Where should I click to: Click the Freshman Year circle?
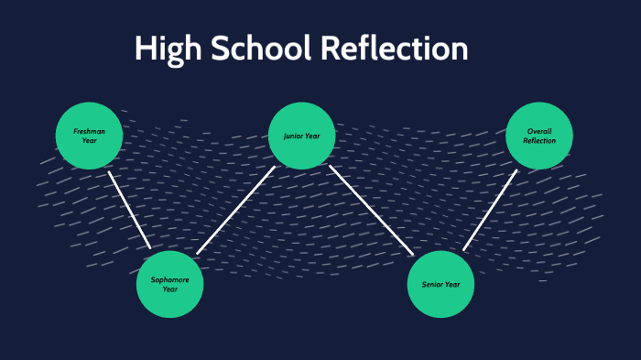tap(89, 136)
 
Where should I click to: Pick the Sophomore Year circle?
tap(169, 284)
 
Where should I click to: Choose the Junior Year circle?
tap(301, 136)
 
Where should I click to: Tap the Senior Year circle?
tap(440, 284)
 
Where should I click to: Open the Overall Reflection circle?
tap(539, 136)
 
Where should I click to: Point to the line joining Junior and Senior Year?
tap(371, 210)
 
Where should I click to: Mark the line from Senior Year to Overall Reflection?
tap(490, 210)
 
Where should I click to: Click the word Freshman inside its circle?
tap(89, 131)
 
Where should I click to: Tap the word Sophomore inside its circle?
tap(169, 279)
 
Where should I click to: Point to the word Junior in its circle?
tap(293, 136)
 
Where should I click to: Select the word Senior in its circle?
tap(432, 285)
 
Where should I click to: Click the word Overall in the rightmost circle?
tap(539, 131)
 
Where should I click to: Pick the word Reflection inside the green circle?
tap(539, 141)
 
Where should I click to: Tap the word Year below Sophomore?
tap(169, 289)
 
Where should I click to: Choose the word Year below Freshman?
tap(89, 141)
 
